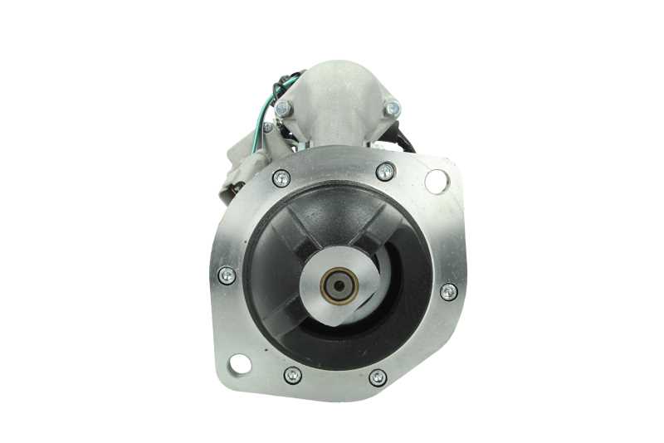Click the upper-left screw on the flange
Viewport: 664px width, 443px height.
tap(281, 178)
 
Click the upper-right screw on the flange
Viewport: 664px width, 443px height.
tap(385, 172)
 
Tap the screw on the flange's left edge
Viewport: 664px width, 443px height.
tap(226, 275)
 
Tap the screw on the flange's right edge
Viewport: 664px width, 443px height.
tap(448, 291)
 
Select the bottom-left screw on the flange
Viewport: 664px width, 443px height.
tap(292, 375)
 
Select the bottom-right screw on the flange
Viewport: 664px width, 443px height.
tap(378, 377)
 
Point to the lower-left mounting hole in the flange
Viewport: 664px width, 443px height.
tap(240, 363)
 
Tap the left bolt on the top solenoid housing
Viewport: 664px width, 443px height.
tap(284, 108)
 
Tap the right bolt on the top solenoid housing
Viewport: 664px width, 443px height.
tap(392, 108)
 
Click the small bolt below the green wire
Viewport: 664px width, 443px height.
tap(267, 128)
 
